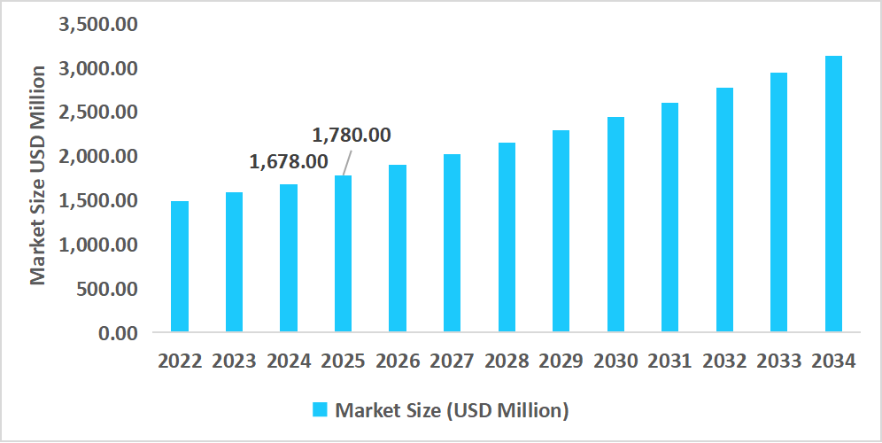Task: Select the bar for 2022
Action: point(180,267)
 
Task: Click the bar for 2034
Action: point(833,194)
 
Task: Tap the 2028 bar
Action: point(507,237)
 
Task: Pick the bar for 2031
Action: point(670,218)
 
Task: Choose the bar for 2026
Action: point(398,249)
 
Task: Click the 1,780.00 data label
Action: point(352,136)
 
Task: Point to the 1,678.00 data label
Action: point(289,162)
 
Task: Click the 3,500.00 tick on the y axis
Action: point(97,24)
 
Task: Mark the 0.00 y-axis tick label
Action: point(118,333)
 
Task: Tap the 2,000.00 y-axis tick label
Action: point(97,157)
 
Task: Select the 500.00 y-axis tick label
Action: point(107,289)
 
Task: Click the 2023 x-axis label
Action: point(235,361)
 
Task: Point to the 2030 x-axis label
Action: point(615,361)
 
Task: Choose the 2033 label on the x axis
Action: point(779,361)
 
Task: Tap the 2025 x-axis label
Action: point(344,361)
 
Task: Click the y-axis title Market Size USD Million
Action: point(38,175)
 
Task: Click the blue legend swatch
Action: point(321,409)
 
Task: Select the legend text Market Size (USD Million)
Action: point(452,410)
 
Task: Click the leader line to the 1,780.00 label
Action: point(348,162)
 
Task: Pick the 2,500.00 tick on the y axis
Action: point(97,113)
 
